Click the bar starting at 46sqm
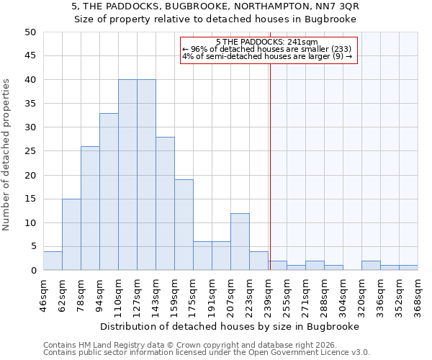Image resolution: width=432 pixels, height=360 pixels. click(x=53, y=261)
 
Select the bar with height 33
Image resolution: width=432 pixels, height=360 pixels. click(x=109, y=192)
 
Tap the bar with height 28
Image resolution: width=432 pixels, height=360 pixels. click(x=165, y=204)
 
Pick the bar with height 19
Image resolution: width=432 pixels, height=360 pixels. click(x=184, y=225)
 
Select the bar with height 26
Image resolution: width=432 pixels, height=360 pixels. click(x=90, y=208)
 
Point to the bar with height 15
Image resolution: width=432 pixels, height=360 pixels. click(x=71, y=235)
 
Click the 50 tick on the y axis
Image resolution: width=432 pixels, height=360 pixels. click(x=30, y=32)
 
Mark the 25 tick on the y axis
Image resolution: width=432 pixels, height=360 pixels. click(x=30, y=151)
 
